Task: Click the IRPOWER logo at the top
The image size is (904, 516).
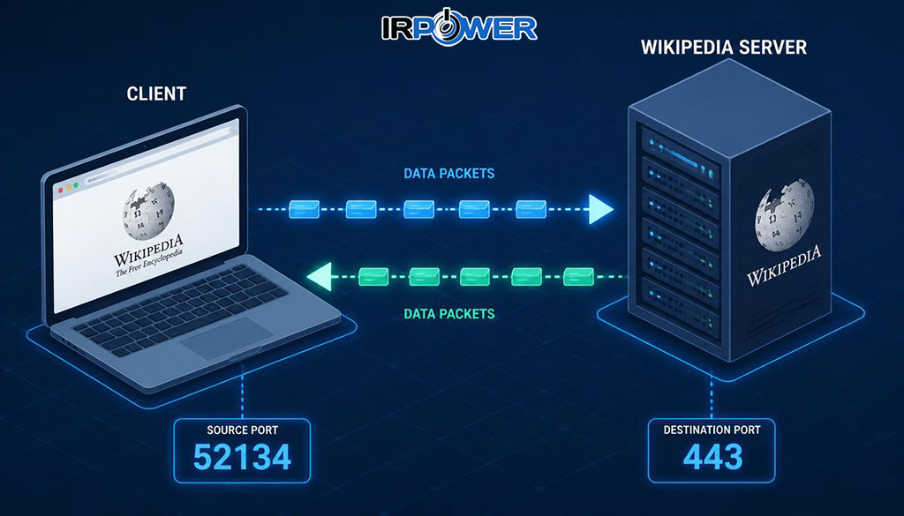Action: [x=459, y=26]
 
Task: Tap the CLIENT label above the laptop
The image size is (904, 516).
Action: [x=156, y=93]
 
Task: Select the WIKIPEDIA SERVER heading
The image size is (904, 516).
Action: [x=724, y=48]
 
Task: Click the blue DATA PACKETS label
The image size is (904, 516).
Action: [x=449, y=174]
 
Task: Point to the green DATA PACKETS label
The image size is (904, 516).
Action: [x=449, y=314]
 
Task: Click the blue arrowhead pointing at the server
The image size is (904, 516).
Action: [x=600, y=209]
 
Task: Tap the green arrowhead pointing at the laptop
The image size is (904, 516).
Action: [x=319, y=276]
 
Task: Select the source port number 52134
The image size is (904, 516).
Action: [x=242, y=457]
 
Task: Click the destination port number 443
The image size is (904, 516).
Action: [x=712, y=457]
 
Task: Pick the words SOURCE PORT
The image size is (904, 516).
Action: [x=242, y=430]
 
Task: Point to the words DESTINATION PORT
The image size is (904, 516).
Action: [x=712, y=430]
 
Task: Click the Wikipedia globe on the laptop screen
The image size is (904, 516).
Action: [x=147, y=210]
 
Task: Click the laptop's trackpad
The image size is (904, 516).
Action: [x=226, y=339]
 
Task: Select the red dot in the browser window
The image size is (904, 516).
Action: [x=61, y=190]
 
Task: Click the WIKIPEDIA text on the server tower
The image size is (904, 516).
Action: [x=784, y=265]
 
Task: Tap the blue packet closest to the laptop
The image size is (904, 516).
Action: [x=304, y=209]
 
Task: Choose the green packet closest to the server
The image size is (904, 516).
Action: [x=578, y=277]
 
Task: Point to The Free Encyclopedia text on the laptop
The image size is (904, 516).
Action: [x=149, y=262]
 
